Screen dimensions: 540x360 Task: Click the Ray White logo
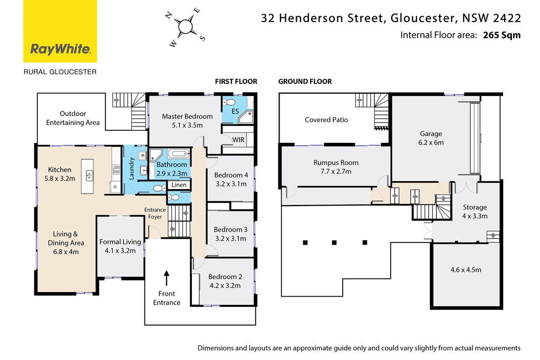click(60, 31)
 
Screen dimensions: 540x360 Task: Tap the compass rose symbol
click(186, 27)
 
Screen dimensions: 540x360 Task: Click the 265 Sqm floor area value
click(502, 35)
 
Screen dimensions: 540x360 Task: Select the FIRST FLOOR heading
click(236, 82)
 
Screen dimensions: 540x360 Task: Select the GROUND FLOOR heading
click(305, 82)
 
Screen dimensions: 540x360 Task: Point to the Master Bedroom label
click(187, 116)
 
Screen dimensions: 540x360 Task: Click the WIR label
click(238, 140)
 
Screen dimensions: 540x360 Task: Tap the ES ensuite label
click(235, 111)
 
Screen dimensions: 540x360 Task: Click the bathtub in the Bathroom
click(179, 153)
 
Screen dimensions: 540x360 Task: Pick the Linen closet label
click(179, 185)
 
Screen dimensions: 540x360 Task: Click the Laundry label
click(131, 168)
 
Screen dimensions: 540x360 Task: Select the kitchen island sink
click(89, 176)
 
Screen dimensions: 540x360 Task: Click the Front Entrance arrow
click(167, 278)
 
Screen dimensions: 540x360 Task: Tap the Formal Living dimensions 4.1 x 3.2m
click(120, 251)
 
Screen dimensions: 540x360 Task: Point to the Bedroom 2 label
click(225, 277)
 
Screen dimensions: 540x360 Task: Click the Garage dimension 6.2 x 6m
click(431, 142)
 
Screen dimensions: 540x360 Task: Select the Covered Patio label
click(326, 120)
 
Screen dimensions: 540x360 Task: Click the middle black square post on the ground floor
click(334, 242)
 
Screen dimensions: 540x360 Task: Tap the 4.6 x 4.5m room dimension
click(466, 270)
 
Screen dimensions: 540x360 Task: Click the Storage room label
click(475, 207)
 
